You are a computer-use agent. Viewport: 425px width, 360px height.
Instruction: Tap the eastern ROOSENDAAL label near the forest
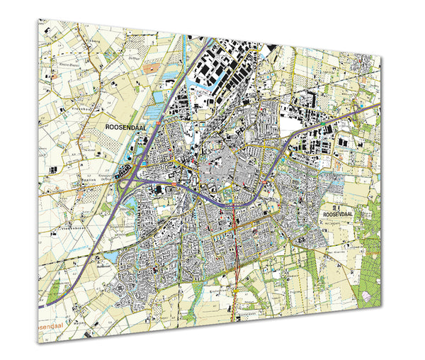[x=337, y=213]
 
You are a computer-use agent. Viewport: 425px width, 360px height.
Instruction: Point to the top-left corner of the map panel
[x=40, y=19]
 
